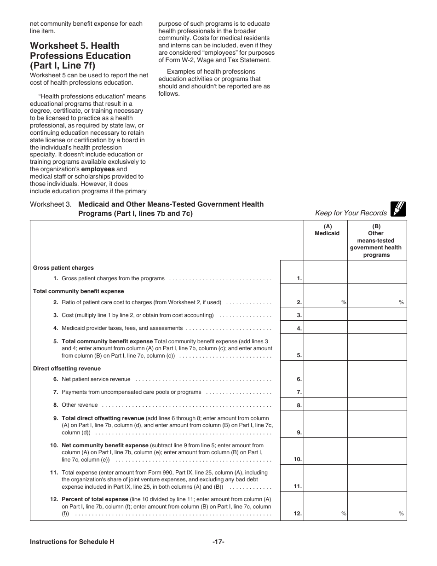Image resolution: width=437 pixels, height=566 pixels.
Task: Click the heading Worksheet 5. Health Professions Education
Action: (80, 56)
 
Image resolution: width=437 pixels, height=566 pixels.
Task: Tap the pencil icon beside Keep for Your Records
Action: (398, 209)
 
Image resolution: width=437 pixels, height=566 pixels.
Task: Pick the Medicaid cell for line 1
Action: (325, 272)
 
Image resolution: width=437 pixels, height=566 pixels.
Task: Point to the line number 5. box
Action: (292, 347)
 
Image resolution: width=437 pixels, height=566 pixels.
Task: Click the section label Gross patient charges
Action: (63, 268)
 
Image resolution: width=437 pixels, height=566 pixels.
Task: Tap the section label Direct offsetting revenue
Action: (67, 369)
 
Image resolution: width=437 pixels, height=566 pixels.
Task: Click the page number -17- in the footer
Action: (218, 542)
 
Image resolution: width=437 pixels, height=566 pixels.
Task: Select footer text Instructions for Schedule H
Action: (72, 542)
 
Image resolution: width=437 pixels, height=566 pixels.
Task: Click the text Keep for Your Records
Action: (351, 213)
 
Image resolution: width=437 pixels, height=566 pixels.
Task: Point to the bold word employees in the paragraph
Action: (98, 169)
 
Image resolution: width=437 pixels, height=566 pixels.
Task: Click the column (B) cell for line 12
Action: (377, 506)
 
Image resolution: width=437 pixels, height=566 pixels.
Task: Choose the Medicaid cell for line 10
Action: (325, 451)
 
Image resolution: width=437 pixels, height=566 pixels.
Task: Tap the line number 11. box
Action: (292, 479)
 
